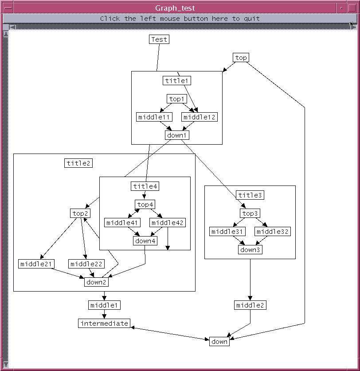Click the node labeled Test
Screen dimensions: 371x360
click(x=159, y=39)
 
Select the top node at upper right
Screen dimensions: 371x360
click(x=241, y=58)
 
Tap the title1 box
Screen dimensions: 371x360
click(x=177, y=80)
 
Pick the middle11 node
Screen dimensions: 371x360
click(x=154, y=117)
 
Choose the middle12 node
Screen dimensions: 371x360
click(x=199, y=117)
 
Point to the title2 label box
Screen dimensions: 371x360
click(x=78, y=163)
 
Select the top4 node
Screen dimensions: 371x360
click(x=145, y=205)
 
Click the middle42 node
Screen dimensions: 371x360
click(x=168, y=223)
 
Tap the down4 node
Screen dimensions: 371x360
click(x=145, y=241)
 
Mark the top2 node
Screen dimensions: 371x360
click(x=80, y=213)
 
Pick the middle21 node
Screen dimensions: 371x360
click(x=36, y=264)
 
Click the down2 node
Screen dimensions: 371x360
click(x=96, y=282)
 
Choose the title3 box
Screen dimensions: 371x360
click(x=250, y=195)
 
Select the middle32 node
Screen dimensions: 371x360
click(x=272, y=232)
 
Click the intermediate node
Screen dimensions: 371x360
click(x=104, y=324)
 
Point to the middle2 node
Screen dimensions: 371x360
click(x=250, y=305)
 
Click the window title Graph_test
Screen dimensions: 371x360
click(x=175, y=8)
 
